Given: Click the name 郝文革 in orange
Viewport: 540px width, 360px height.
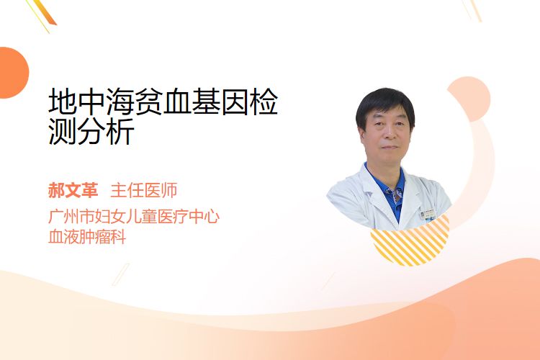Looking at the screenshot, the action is tap(73, 190).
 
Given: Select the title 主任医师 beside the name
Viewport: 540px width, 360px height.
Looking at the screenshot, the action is tap(144, 190).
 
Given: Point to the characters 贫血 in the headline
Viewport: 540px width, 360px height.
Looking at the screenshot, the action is tap(163, 102).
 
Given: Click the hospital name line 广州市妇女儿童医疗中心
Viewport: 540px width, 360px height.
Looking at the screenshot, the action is tap(134, 217).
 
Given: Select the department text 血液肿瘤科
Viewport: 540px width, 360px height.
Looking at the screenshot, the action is tap(87, 237).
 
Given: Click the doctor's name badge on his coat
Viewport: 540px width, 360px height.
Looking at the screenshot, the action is tap(428, 214).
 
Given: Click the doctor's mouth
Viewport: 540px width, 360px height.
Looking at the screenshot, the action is tap(390, 147).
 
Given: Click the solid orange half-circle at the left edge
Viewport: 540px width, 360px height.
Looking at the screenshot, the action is tap(13, 73).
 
